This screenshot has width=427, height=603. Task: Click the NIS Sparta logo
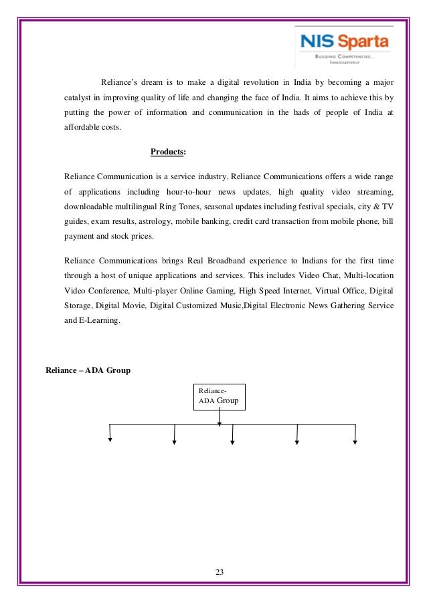[x=343, y=46]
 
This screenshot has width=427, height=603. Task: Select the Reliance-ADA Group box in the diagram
[x=220, y=396]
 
